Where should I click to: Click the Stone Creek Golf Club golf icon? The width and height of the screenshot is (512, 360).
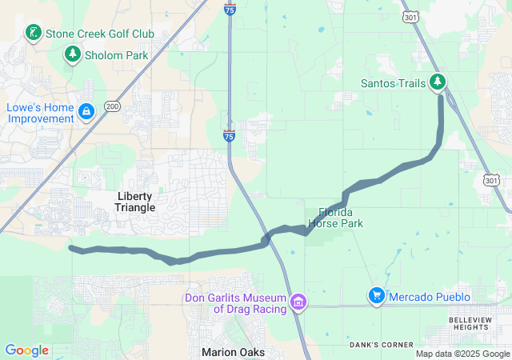(x=33, y=33)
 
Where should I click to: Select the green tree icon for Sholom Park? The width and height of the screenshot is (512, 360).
(x=73, y=54)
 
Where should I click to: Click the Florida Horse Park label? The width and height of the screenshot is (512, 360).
(x=341, y=218)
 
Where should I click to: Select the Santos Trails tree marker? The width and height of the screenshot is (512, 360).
(x=438, y=82)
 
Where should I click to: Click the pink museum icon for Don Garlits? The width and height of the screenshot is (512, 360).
(x=298, y=302)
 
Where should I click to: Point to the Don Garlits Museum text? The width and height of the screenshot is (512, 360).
(x=238, y=304)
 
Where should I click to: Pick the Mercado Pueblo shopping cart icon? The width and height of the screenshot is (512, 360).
(x=375, y=296)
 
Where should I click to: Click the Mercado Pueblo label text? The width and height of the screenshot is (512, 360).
(x=430, y=297)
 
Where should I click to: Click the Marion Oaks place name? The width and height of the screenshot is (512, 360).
(x=232, y=352)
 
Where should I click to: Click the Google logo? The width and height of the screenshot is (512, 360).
(x=26, y=350)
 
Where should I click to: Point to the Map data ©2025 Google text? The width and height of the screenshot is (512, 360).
(x=462, y=354)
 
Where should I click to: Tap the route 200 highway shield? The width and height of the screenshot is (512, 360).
(x=112, y=106)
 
